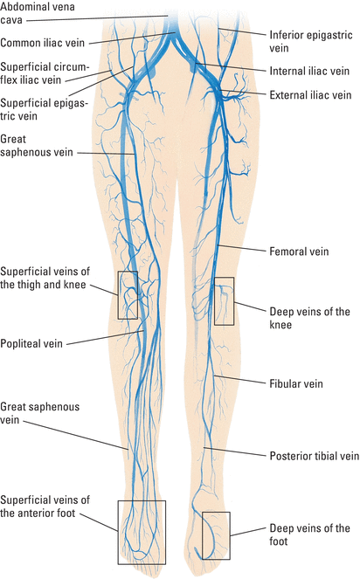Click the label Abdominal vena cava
[38, 13]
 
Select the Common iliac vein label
[43, 43]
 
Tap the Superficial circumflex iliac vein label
[45, 73]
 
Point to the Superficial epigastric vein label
[44, 109]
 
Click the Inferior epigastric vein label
[311, 41]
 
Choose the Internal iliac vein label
[309, 71]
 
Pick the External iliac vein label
[310, 95]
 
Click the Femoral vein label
[299, 252]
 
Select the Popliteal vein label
[31, 343]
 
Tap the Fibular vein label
[296, 383]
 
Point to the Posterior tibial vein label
[315, 456]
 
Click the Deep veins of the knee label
[309, 318]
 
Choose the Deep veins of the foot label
[309, 534]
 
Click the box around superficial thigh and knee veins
[118, 295]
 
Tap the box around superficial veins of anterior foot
[118, 532]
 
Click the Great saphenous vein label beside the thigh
[37, 146]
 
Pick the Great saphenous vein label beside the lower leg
[39, 413]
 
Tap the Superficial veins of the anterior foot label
[45, 507]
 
